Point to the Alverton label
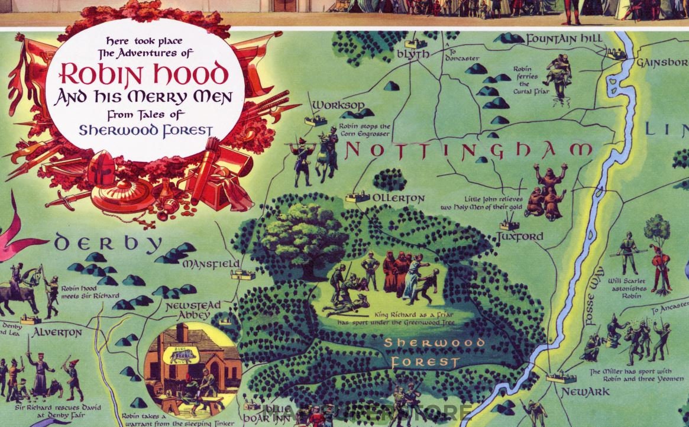click(57, 332)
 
